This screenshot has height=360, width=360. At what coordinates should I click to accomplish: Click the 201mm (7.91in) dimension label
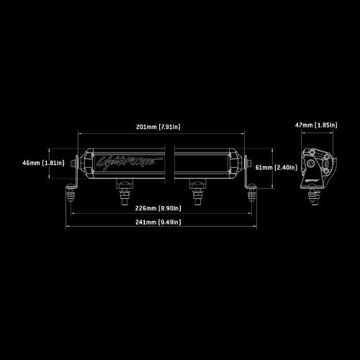(158, 127)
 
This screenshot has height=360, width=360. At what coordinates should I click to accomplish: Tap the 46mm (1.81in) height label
(43, 163)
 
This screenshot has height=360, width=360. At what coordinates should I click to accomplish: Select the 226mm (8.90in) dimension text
(158, 208)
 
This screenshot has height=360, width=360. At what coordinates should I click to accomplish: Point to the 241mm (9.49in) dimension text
(158, 222)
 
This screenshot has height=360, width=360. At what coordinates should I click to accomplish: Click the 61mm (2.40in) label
(276, 167)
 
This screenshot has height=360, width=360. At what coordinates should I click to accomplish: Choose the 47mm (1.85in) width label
(316, 125)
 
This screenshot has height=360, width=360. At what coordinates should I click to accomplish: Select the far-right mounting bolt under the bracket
(252, 192)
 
